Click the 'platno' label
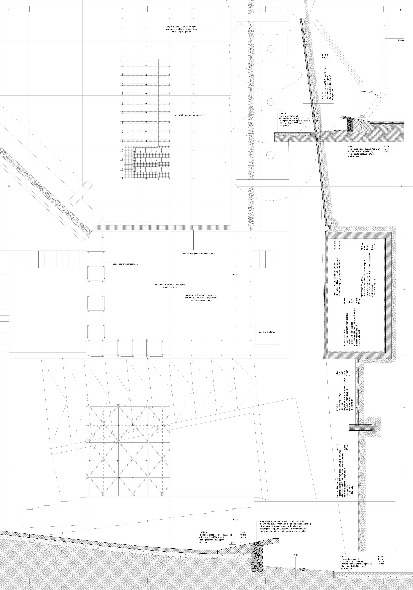point(401,40)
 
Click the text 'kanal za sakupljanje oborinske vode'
point(198,254)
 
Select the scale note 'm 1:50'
point(235,274)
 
